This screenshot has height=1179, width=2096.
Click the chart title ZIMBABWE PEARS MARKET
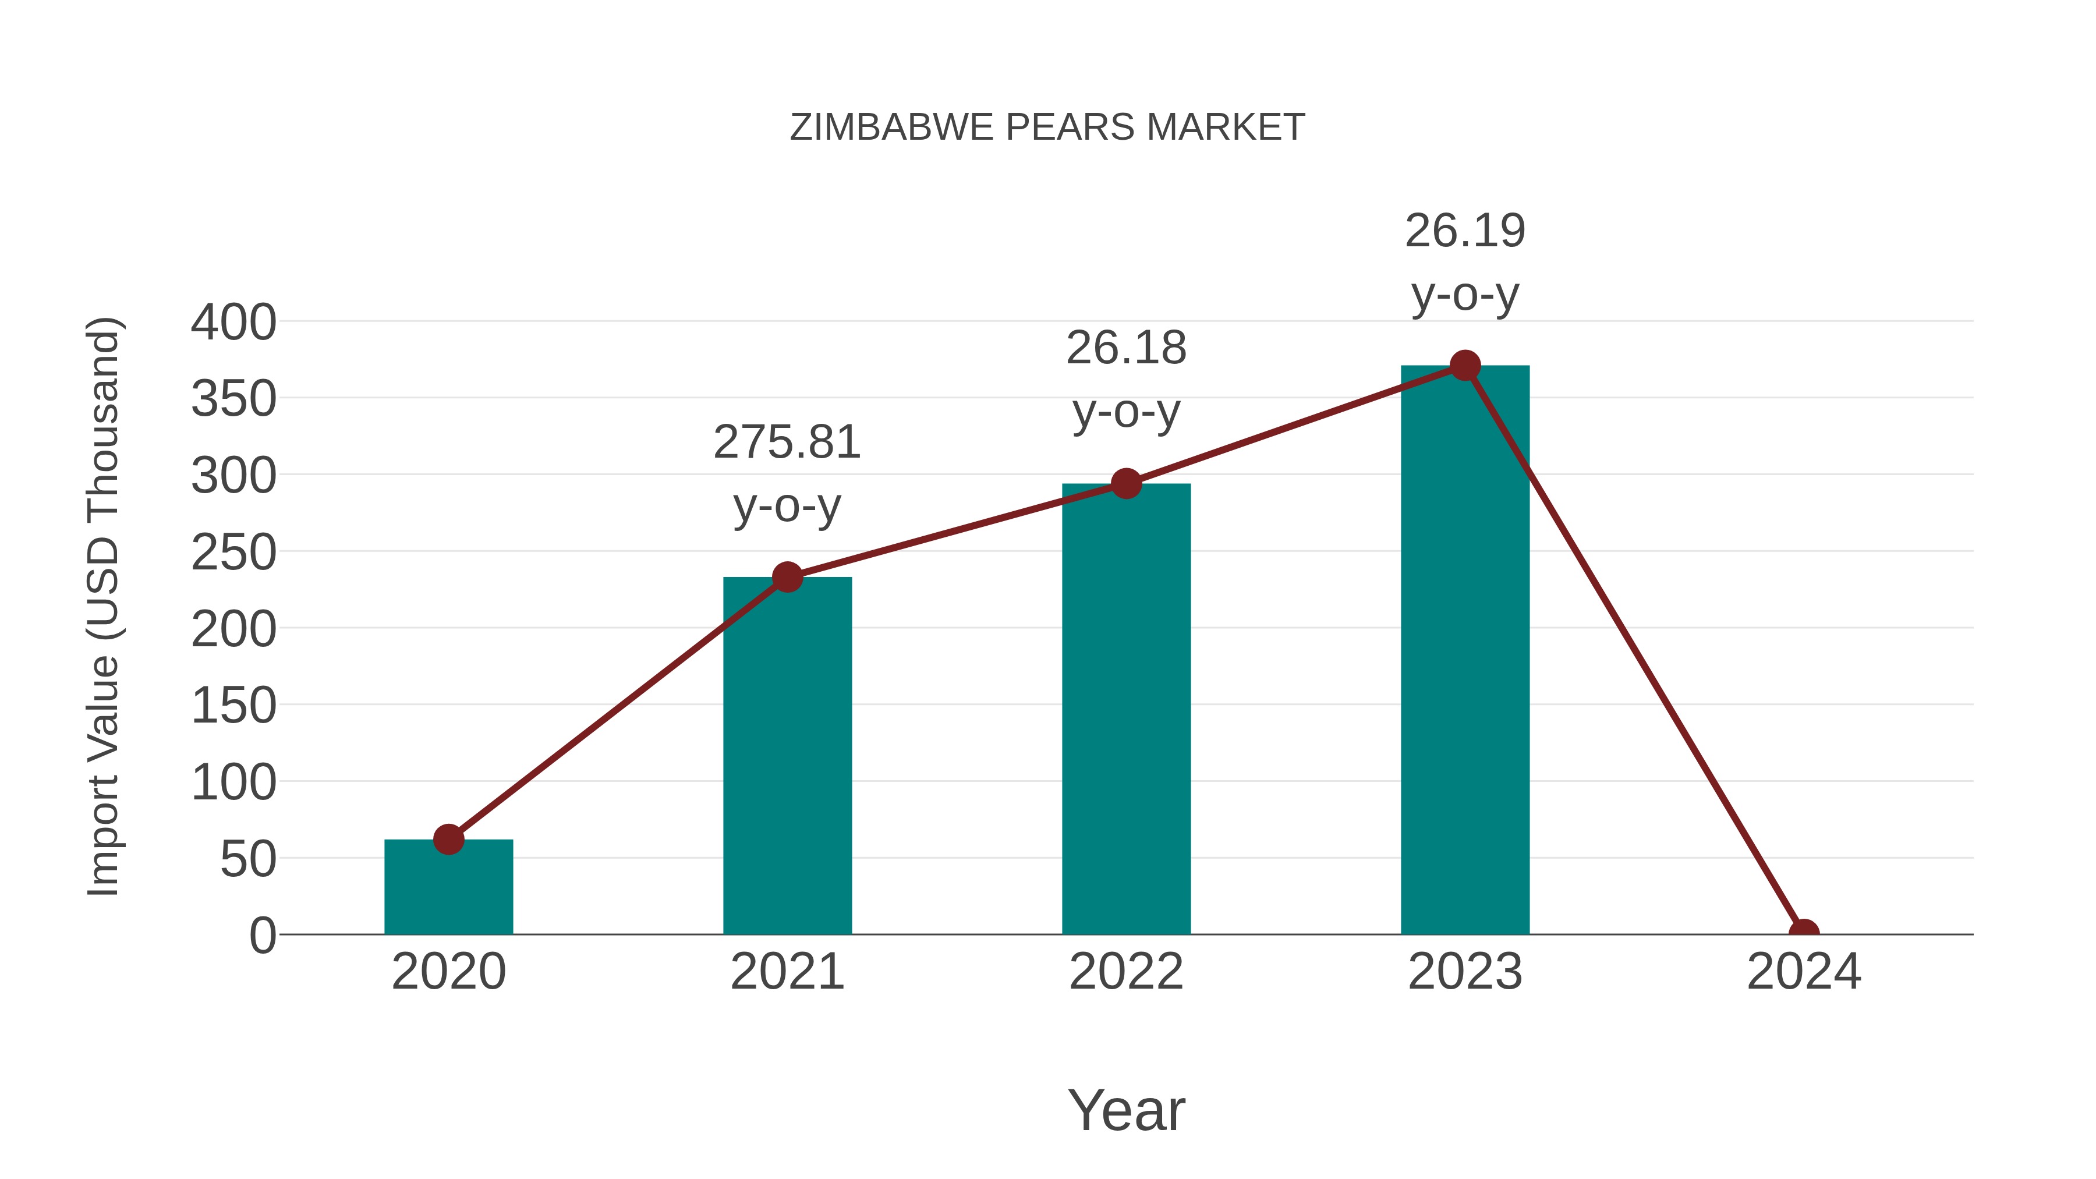click(x=1047, y=128)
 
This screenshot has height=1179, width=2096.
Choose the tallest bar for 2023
click(x=1465, y=651)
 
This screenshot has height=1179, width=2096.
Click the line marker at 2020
click(x=448, y=839)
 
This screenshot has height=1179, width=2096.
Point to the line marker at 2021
click(x=787, y=578)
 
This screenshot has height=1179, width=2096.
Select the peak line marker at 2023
click(x=1465, y=366)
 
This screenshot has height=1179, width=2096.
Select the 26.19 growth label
click(x=1465, y=262)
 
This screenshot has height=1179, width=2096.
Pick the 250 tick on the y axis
click(x=233, y=553)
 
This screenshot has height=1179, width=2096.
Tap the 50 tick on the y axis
click(x=248, y=859)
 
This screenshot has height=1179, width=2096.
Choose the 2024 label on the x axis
click(x=1804, y=972)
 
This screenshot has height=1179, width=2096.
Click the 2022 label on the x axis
click(x=1126, y=972)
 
